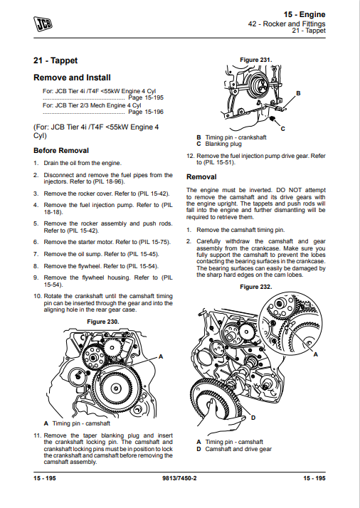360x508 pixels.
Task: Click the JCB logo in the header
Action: click(43, 24)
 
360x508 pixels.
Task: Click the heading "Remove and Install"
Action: click(72, 78)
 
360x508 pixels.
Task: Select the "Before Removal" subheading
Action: click(61, 151)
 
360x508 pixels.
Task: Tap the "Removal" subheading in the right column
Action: click(201, 177)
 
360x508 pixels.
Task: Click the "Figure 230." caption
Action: click(103, 322)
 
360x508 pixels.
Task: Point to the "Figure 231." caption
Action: click(256, 60)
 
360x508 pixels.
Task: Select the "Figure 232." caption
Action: click(256, 287)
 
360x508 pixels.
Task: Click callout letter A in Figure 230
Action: click(161, 356)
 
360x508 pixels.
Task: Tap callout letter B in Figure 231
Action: click(298, 93)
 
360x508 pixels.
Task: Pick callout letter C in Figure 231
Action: click(282, 129)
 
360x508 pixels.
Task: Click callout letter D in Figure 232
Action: click(253, 418)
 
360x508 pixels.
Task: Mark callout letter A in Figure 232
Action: click(315, 355)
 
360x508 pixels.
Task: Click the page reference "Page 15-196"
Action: click(146, 112)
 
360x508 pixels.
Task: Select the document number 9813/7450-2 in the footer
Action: click(179, 478)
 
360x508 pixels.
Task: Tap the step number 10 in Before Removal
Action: click(38, 296)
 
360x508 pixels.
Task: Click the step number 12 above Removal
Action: click(190, 156)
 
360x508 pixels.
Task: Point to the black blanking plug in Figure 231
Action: click(272, 119)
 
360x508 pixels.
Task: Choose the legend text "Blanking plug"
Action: click(223, 144)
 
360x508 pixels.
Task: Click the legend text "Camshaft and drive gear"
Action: click(238, 449)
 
